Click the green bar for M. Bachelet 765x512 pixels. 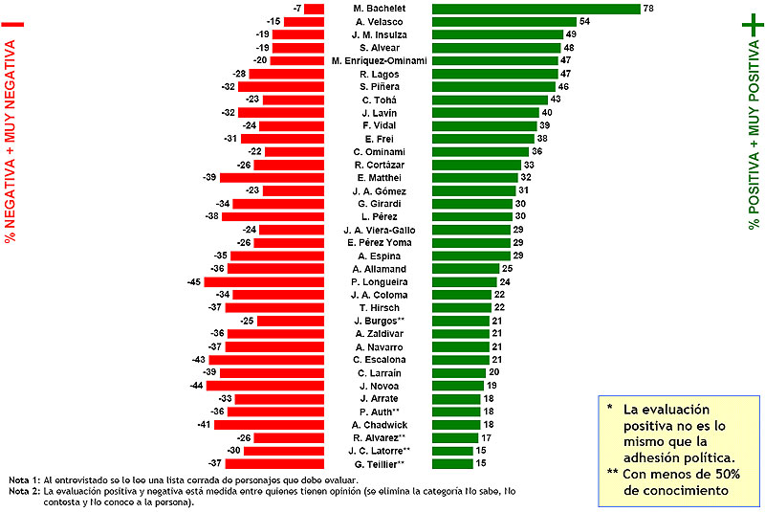click(535, 9)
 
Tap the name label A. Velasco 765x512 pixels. click(379, 22)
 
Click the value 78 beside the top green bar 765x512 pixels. click(648, 9)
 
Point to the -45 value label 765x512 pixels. click(194, 281)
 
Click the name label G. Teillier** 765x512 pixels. click(380, 463)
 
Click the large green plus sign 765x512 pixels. click(753, 27)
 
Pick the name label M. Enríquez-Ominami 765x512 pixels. click(379, 61)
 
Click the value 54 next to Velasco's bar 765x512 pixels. click(584, 22)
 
